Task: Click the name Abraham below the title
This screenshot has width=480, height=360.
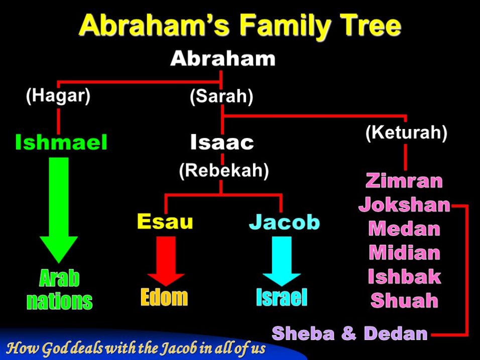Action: pos(222,58)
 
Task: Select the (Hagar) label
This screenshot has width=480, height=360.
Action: pos(58,95)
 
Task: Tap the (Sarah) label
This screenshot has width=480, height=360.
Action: pos(221,96)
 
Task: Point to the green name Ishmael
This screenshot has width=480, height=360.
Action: pos(61,142)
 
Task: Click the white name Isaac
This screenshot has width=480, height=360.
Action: pos(222,142)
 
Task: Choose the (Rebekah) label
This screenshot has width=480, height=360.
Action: pos(224,170)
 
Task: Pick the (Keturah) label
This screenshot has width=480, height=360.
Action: pos(407,133)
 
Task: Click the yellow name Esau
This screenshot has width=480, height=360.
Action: pos(165,221)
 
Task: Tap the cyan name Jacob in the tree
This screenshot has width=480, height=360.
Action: pos(284,221)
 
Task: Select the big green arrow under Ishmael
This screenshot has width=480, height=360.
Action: pos(59,210)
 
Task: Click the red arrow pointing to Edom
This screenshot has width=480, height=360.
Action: pos(166,261)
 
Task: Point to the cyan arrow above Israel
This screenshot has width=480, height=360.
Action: pos(282,261)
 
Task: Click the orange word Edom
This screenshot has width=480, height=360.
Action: pos(164,297)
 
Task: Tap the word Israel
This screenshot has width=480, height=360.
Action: pos(282,297)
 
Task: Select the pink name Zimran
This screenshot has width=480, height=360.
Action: pos(404,181)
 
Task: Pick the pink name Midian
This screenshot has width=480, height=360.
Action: pos(405,253)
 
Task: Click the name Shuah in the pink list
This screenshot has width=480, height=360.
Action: pos(404,300)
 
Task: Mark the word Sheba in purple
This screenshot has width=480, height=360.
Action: pos(303,333)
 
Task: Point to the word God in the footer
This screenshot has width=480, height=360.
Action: pos(51,348)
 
